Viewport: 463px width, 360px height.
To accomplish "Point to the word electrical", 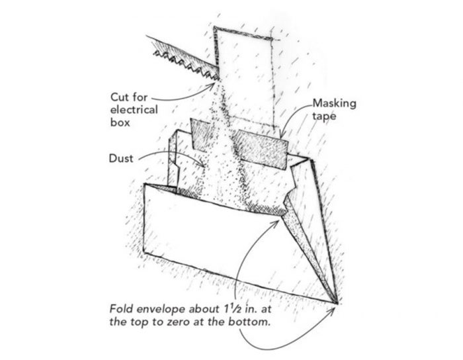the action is (x=134, y=109).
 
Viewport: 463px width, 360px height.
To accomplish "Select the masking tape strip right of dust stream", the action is (x=261, y=147).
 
